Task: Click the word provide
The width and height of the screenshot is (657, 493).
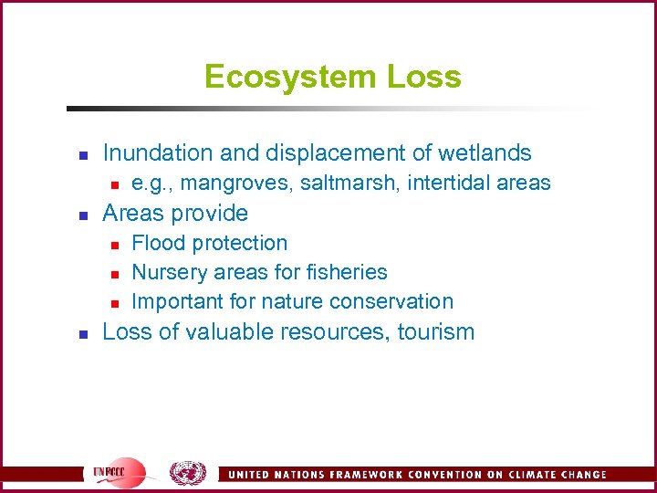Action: point(212,214)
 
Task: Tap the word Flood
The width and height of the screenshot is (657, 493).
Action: point(156,243)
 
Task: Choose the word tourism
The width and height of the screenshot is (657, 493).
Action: point(436,331)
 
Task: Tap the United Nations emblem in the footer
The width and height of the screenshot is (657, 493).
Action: point(188,472)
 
